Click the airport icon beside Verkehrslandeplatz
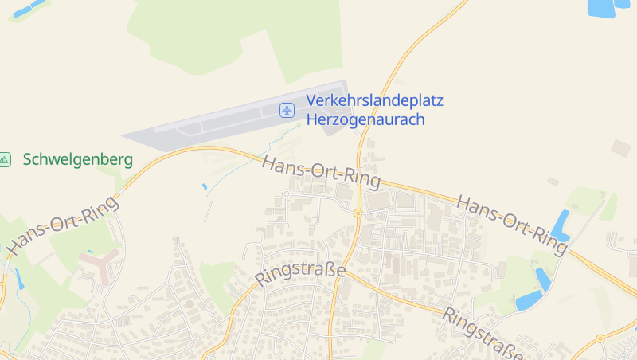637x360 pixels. point(287,110)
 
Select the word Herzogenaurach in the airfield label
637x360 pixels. point(365,120)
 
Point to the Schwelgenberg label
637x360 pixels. point(78,159)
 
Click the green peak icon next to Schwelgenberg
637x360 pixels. point(5,159)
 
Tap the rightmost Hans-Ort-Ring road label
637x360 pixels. point(513,225)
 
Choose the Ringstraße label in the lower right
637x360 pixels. point(483,333)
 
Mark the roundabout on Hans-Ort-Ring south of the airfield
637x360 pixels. point(358,213)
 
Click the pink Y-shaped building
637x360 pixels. point(100,264)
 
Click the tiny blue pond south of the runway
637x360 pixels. point(205,186)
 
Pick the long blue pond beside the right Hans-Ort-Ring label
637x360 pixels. point(562,225)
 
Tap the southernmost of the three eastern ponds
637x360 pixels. point(529,300)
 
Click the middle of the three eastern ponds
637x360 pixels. point(543,278)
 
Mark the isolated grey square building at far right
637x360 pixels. point(620,148)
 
